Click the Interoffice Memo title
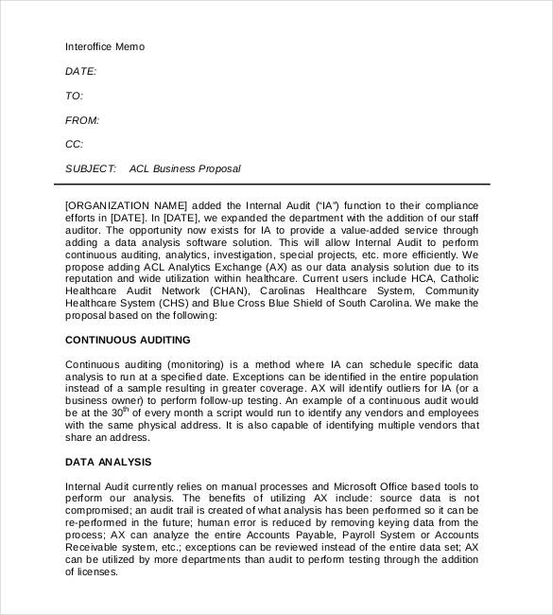click(105, 46)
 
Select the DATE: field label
click(80, 71)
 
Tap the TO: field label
click(74, 96)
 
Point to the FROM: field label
click(81, 120)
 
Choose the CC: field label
click(74, 145)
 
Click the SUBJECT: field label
click(91, 169)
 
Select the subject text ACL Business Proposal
click(185, 169)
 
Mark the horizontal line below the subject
click(276, 184)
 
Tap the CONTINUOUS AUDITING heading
click(128, 340)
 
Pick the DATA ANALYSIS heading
click(108, 462)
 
